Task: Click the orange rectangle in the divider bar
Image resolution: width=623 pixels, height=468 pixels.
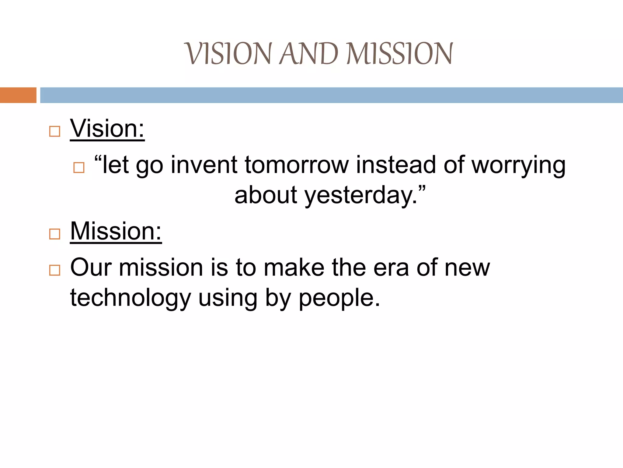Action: point(18,95)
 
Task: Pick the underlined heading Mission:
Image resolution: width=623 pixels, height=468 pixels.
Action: point(116,231)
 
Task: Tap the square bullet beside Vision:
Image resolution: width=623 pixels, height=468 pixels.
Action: point(55,132)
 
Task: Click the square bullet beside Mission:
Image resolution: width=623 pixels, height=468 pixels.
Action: point(55,234)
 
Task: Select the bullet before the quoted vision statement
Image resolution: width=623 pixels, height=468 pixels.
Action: point(79,168)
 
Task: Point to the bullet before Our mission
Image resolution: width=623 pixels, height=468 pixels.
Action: point(55,270)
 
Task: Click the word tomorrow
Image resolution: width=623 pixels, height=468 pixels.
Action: point(297,165)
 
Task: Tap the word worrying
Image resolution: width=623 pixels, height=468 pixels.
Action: point(518,165)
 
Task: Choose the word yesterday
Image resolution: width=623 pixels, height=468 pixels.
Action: point(360,195)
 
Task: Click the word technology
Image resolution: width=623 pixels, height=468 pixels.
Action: point(130,298)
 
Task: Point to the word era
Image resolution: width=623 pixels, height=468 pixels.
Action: point(391,268)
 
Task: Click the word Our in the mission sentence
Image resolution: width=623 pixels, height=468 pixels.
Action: point(91,268)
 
